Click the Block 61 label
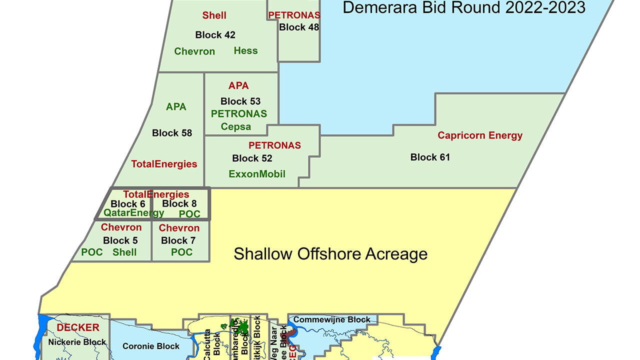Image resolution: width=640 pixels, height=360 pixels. pyautogui.click(x=430, y=157)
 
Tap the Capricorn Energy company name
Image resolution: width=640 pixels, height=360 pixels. pyautogui.click(x=480, y=135)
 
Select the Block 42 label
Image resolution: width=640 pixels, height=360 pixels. pyautogui.click(x=215, y=35)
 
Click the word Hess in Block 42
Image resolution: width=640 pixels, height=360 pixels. pyautogui.click(x=245, y=50)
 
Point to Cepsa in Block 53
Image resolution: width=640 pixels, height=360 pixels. pyautogui.click(x=236, y=126)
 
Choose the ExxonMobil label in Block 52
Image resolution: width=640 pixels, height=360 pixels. pyautogui.click(x=257, y=174)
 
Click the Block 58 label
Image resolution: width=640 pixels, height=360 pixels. pyautogui.click(x=172, y=133)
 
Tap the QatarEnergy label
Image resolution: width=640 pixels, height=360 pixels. pyautogui.click(x=133, y=213)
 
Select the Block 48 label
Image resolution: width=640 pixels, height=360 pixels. pyautogui.click(x=299, y=27)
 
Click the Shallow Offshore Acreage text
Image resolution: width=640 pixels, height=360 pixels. pyautogui.click(x=330, y=254)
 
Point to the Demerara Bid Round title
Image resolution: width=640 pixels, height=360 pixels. pyautogui.click(x=464, y=7)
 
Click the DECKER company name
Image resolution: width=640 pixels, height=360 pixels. pyautogui.click(x=77, y=328)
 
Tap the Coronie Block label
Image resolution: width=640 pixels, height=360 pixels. pyautogui.click(x=151, y=346)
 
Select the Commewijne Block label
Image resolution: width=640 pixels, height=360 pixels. pyautogui.click(x=332, y=319)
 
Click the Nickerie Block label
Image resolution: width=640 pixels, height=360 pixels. pyautogui.click(x=77, y=342)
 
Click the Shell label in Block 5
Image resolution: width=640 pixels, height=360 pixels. pyautogui.click(x=124, y=252)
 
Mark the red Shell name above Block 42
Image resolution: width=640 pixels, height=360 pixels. pyautogui.click(x=214, y=15)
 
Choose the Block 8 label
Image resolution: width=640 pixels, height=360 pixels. pyautogui.click(x=179, y=203)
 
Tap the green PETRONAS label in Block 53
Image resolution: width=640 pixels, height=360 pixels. pyautogui.click(x=239, y=114)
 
